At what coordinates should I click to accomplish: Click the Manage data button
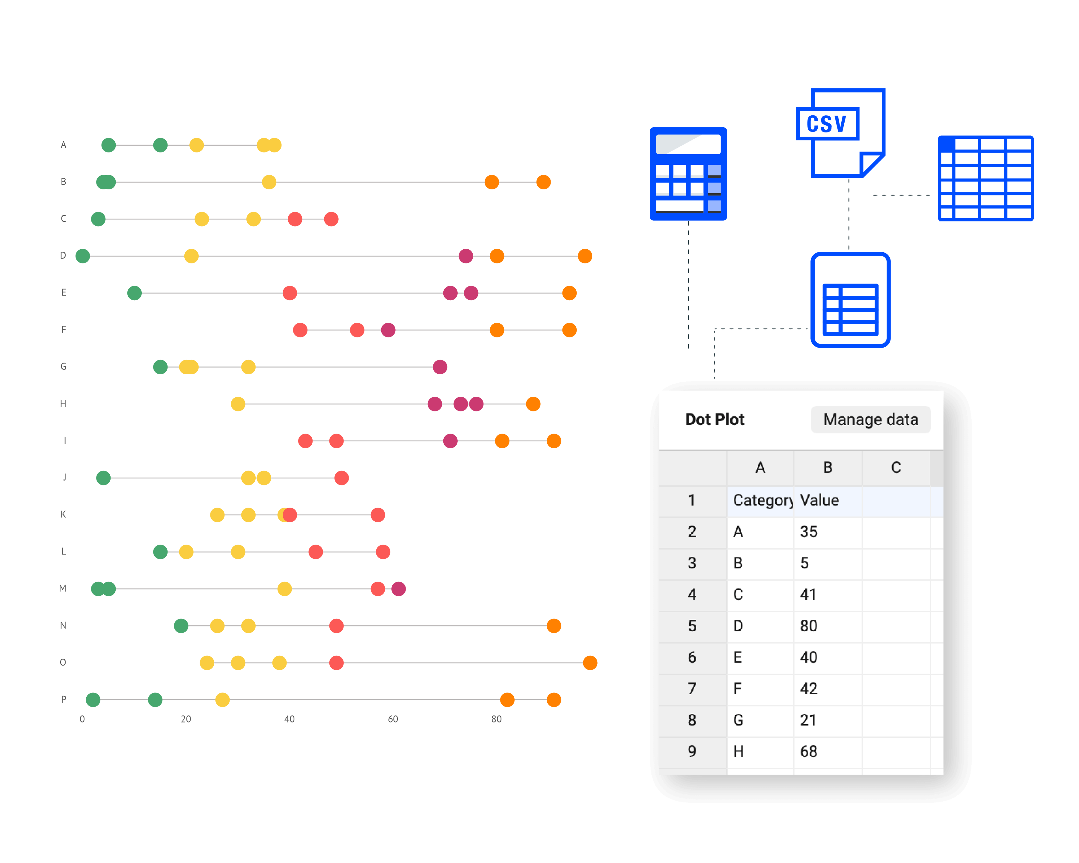pos(870,419)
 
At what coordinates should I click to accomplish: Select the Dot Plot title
pos(714,419)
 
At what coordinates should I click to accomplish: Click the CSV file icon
pos(841,132)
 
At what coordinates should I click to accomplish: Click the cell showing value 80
pos(808,626)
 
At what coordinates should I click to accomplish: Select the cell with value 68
pos(808,752)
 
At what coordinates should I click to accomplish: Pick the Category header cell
pos(761,500)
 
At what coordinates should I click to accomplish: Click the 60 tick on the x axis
pos(393,719)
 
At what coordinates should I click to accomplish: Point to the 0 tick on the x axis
pos(82,719)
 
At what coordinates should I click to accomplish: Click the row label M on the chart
pos(63,588)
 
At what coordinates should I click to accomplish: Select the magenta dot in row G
pos(440,367)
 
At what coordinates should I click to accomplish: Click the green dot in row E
pos(134,293)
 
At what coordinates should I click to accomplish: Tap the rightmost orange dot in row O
pos(590,663)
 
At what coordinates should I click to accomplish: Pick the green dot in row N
pos(181,626)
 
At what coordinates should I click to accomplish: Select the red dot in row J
pos(341,478)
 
